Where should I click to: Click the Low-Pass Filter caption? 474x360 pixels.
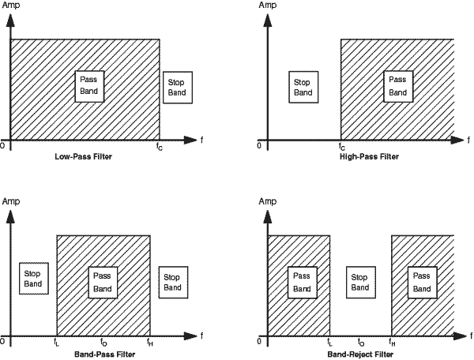84,156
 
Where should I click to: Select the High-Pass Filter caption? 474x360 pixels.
369,156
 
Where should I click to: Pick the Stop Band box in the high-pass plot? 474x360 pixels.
303,87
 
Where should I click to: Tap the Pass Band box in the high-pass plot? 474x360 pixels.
398,86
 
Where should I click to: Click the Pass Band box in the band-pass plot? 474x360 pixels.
103,283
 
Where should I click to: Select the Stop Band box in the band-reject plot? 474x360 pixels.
359,283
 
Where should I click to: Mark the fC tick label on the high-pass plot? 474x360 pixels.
341,146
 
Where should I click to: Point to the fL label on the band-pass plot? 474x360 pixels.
56,343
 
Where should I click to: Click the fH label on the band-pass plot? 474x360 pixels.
150,343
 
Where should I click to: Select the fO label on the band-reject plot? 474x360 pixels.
361,343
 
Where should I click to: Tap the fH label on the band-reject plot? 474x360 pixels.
392,343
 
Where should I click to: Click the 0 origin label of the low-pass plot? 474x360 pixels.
3,145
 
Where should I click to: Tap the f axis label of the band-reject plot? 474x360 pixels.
466,336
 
